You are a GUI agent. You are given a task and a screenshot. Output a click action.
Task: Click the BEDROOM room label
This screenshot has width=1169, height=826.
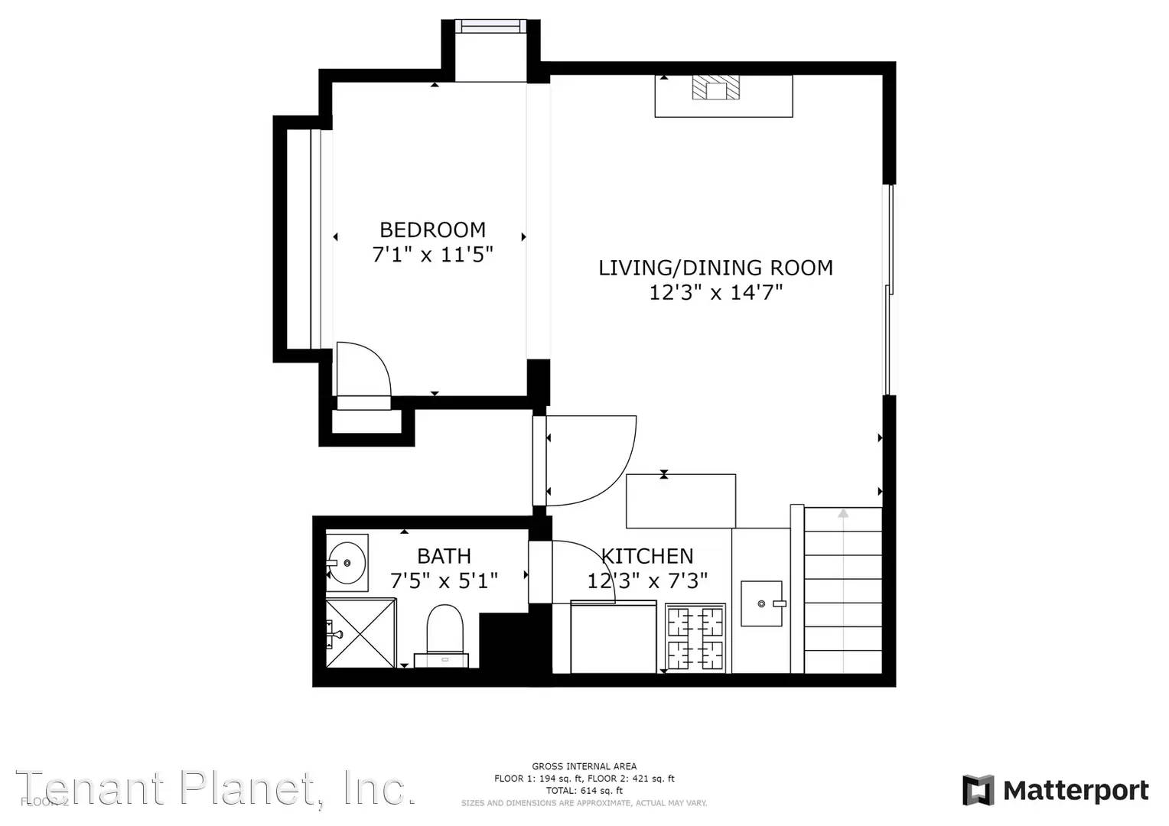432,229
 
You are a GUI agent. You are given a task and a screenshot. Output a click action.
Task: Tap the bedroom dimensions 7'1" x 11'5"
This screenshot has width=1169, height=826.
432,255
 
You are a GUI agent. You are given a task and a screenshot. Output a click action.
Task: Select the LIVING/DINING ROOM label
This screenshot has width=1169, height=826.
715,268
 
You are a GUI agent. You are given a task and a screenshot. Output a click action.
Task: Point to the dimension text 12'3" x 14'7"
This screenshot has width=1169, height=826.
715,292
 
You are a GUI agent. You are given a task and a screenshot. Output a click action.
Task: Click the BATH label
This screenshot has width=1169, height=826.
444,556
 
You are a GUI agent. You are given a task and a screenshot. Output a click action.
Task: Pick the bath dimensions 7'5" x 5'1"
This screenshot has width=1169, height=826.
444,581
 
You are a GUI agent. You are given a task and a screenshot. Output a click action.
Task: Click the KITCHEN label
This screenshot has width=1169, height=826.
647,556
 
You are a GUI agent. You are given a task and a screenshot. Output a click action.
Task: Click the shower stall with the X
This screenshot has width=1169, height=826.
361,633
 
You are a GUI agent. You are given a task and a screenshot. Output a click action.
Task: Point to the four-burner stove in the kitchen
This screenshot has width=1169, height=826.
695,638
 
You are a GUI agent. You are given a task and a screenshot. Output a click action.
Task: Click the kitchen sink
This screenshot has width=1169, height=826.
761,603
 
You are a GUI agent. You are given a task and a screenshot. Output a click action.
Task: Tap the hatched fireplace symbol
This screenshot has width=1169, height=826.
716,87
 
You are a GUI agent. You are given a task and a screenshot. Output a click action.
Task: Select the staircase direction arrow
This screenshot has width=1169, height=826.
843,514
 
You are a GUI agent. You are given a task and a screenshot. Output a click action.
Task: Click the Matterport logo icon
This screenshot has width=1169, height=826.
978,790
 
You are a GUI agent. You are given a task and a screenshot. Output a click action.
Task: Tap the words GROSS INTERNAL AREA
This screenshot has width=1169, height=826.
584,766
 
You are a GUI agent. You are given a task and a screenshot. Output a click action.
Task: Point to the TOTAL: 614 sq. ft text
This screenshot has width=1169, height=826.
584,791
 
